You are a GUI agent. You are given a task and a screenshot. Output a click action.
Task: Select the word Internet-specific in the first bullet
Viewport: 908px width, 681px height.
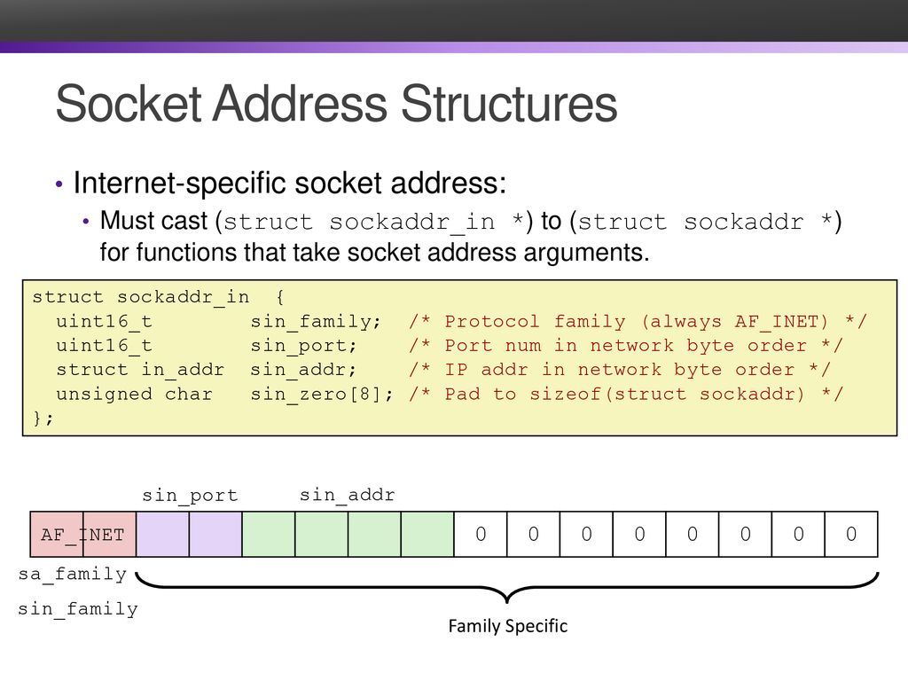[180, 184]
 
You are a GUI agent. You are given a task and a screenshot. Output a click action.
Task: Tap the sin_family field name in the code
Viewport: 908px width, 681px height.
[315, 321]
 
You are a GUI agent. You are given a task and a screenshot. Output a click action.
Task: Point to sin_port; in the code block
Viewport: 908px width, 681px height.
[303, 346]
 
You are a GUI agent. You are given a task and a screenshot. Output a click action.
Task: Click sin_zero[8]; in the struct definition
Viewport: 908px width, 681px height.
[321, 394]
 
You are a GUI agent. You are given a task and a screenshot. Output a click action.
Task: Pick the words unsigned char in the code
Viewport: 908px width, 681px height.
[135, 394]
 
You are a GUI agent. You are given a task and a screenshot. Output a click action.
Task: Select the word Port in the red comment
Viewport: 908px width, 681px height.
[468, 346]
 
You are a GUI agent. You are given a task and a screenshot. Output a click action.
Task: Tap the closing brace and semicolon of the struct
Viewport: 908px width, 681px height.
[43, 419]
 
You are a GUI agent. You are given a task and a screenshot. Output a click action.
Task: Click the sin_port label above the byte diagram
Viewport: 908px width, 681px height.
[190, 496]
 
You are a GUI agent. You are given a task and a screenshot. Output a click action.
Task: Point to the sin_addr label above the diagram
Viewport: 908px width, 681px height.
[348, 495]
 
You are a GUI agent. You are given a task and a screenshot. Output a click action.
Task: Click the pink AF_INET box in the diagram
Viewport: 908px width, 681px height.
[82, 534]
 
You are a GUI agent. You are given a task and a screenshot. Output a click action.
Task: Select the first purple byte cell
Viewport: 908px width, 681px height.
[163, 534]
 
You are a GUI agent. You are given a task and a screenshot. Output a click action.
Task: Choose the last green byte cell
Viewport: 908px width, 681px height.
[427, 534]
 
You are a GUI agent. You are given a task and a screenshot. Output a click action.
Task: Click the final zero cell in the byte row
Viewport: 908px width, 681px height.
[851, 534]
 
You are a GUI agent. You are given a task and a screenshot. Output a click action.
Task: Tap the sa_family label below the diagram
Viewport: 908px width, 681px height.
[73, 575]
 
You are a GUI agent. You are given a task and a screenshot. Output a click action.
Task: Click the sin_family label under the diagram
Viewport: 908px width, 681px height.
[78, 609]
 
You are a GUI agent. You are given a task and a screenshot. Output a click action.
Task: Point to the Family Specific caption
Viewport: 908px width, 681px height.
[508, 626]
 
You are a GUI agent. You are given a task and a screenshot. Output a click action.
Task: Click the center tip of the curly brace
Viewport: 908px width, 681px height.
[507, 602]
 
